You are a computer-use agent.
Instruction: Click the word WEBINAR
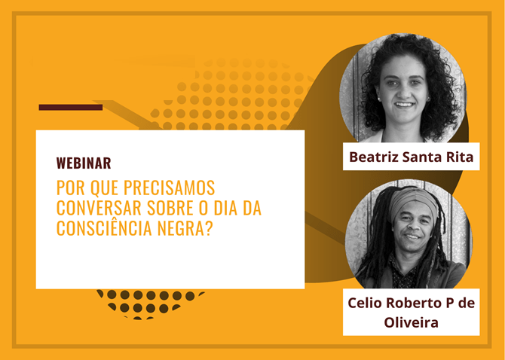pyautogui.click(x=84, y=163)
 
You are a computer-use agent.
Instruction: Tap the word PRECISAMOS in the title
pyautogui.click(x=169, y=188)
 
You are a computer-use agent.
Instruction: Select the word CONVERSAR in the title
pyautogui.click(x=99, y=208)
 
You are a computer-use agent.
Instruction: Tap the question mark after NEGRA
pyautogui.click(x=209, y=228)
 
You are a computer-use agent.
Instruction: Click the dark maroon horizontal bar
pyautogui.click(x=71, y=107)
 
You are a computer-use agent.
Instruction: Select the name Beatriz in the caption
pyautogui.click(x=374, y=157)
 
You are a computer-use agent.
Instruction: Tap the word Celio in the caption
pyautogui.click(x=365, y=303)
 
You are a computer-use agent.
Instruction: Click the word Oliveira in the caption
pyautogui.click(x=412, y=322)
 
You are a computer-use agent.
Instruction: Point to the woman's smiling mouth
pyautogui.click(x=404, y=105)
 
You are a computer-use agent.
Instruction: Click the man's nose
pyautogui.click(x=413, y=227)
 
